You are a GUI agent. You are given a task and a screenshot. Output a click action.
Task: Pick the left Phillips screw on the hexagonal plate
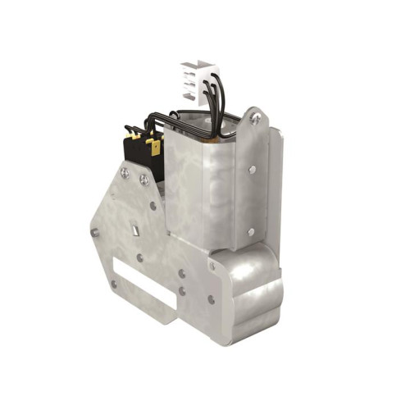click(x=125, y=173)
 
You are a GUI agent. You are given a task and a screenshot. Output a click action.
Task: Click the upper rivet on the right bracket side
click(x=253, y=170)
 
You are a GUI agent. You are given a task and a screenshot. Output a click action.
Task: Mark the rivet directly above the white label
click(x=140, y=257)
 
